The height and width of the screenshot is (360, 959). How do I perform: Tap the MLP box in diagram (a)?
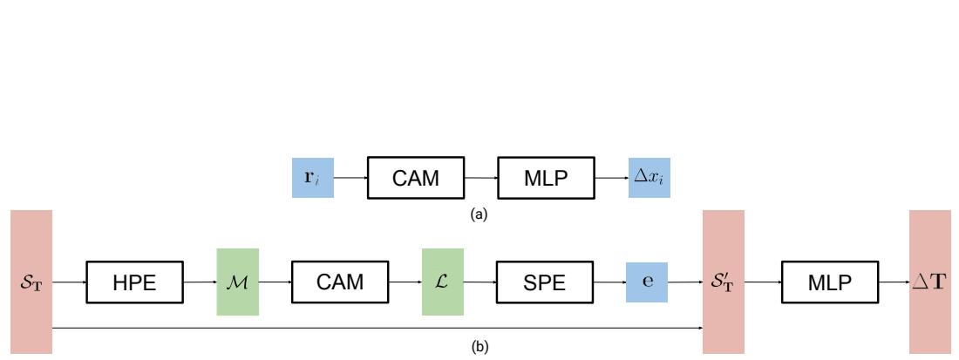pyautogui.click(x=544, y=179)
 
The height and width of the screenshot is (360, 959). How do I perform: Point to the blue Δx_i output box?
pyautogui.click(x=650, y=179)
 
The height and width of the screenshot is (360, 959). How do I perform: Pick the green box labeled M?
pyautogui.click(x=238, y=281)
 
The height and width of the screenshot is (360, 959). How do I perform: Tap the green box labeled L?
pyautogui.click(x=443, y=281)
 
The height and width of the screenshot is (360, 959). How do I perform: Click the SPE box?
pyautogui.click(x=544, y=281)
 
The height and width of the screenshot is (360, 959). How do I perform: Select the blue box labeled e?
pyautogui.click(x=647, y=281)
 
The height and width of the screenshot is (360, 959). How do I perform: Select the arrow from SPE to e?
pyautogui.click(x=609, y=281)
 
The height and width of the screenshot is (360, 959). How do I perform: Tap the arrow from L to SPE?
pyautogui.click(x=479, y=281)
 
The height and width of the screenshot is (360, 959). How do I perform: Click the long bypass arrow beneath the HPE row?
pyautogui.click(x=375, y=328)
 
